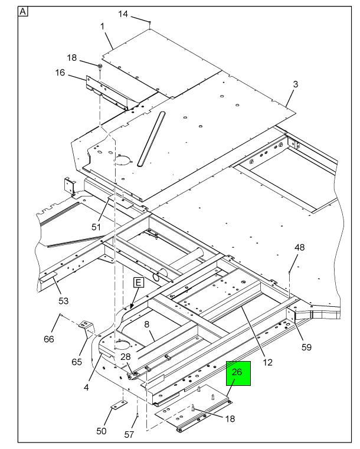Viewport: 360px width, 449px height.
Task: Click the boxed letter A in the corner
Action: point(23,11)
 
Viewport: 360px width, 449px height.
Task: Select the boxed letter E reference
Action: point(139,283)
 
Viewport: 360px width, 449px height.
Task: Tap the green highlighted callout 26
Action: point(238,373)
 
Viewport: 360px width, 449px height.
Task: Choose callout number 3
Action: point(296,84)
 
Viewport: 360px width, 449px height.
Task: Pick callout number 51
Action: point(96,226)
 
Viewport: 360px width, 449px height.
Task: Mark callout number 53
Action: point(63,301)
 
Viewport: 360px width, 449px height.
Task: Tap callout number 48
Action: point(300,247)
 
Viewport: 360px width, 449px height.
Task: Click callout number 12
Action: point(268,362)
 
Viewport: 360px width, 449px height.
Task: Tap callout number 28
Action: point(126,357)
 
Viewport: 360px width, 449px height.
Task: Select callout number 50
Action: point(101,431)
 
